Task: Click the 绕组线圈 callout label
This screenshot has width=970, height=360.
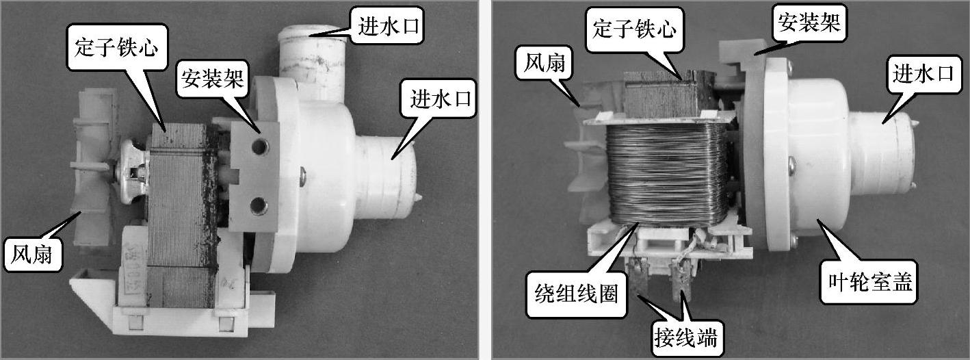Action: point(576,294)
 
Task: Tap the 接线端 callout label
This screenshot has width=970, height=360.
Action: point(685,337)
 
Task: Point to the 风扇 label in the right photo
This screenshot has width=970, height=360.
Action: point(545,63)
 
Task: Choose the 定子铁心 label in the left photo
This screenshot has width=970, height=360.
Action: point(117,47)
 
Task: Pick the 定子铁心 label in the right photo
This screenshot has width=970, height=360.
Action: point(634,29)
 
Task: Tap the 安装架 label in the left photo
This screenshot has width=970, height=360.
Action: point(212,79)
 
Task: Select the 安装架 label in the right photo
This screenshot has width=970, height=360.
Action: point(809,23)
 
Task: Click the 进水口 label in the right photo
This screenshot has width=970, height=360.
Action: point(923,75)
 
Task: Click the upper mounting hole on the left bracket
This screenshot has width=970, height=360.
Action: point(259,146)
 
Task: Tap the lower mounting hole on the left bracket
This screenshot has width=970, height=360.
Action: point(258,206)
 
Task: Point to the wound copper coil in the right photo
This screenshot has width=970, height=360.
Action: point(667,173)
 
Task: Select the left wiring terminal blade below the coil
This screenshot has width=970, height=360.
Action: point(638,277)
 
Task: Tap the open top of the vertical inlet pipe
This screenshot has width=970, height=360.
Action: point(312,32)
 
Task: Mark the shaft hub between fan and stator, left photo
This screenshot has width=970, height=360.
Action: point(133,171)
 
